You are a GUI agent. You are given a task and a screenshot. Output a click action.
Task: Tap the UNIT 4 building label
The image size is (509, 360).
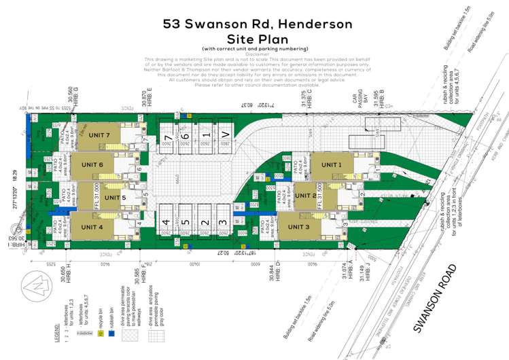[92, 227]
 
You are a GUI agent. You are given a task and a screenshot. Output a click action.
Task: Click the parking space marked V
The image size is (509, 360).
[224, 136]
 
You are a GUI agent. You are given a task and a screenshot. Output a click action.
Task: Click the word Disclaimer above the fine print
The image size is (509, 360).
[254, 54]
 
